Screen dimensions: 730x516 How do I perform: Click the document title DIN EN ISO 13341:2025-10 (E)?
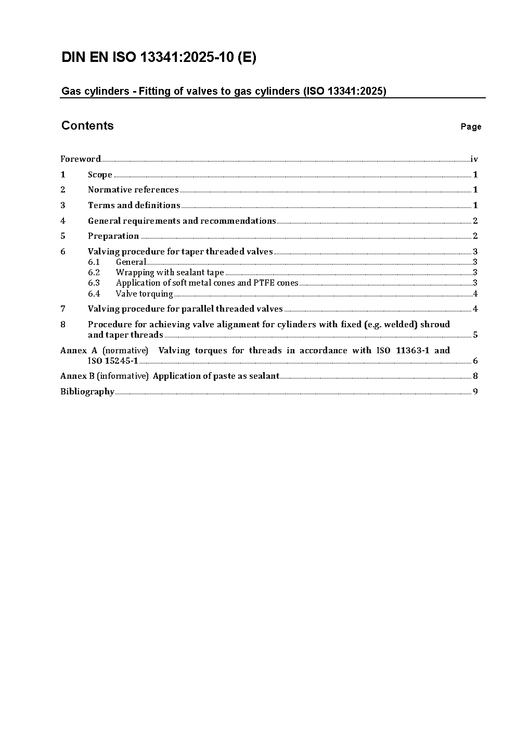click(x=159, y=57)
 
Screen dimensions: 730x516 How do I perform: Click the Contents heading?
click(x=87, y=125)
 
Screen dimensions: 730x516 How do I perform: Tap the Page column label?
click(x=471, y=126)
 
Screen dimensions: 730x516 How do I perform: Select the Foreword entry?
click(x=81, y=159)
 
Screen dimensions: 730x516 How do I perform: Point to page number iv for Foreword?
click(x=474, y=159)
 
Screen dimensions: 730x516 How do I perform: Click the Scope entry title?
click(x=100, y=174)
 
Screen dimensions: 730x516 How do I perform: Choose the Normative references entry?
click(x=133, y=189)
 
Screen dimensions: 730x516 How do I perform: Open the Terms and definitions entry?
click(x=134, y=205)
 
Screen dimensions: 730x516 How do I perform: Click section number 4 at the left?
click(x=63, y=221)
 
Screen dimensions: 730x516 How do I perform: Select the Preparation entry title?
click(x=113, y=236)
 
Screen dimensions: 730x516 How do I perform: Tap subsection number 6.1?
click(x=94, y=262)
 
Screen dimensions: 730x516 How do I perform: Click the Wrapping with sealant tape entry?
click(x=170, y=272)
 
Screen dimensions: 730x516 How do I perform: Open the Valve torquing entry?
click(x=144, y=293)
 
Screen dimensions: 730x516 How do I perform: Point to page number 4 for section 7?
click(x=475, y=309)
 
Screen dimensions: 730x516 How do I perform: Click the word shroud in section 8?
click(x=435, y=324)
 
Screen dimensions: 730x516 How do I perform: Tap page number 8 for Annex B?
click(x=475, y=376)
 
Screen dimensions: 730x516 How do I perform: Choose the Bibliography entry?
click(x=87, y=391)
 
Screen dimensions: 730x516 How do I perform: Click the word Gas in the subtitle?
click(x=69, y=91)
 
